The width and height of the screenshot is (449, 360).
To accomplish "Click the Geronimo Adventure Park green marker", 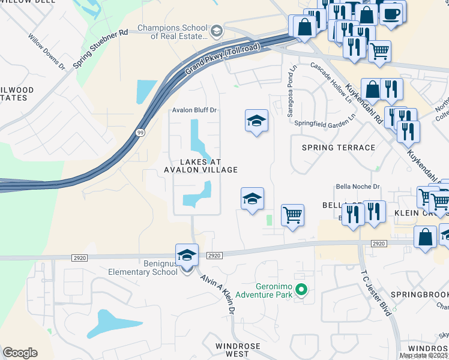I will (302, 292).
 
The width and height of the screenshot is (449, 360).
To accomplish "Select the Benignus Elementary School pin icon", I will (187, 256).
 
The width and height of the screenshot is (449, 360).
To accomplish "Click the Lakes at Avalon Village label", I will (200, 166).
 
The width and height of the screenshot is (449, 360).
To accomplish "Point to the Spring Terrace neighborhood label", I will (339, 148).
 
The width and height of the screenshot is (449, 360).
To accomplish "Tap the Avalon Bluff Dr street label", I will (194, 110).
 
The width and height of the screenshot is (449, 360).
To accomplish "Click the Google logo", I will (20, 353).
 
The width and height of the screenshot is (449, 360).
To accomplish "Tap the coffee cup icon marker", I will (392, 13).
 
